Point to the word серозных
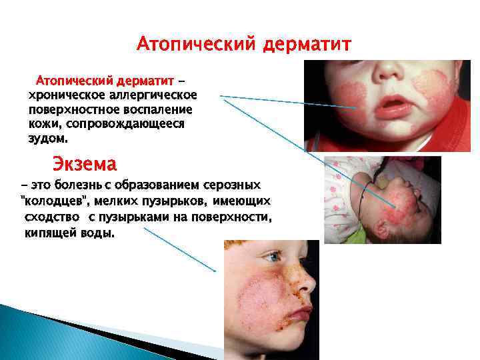click(x=236, y=184)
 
